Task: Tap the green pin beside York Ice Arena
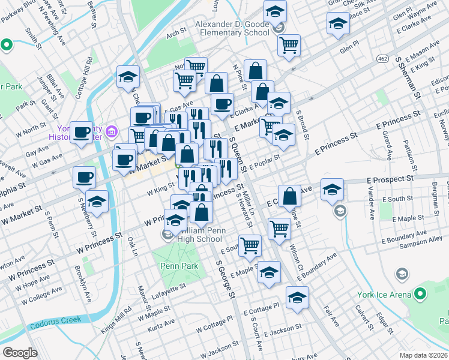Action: coord(420,294)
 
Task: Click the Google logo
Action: coord(20,352)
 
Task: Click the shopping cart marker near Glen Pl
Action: coord(289,45)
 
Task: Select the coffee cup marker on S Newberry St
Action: coord(84,177)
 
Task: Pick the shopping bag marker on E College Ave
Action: coord(289,196)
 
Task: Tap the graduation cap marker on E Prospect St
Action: coord(332,189)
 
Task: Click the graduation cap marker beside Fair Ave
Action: coord(297,298)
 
